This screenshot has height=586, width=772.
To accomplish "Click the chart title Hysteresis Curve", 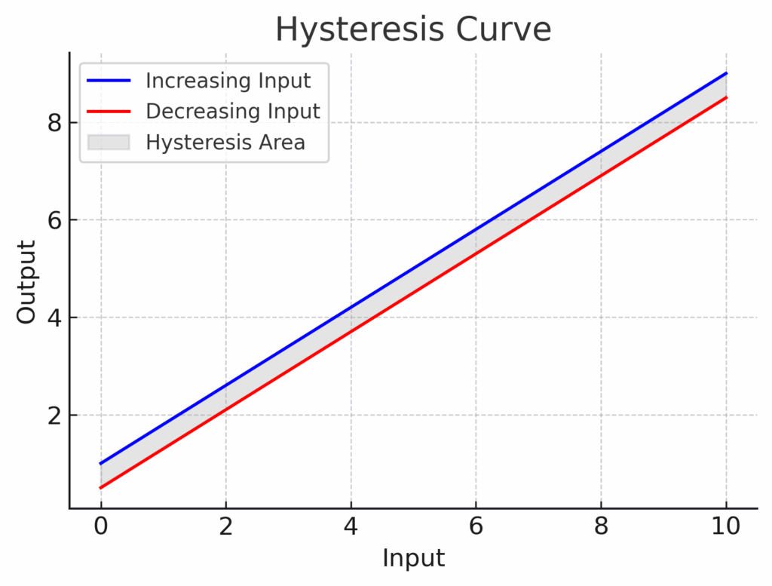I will [x=413, y=30].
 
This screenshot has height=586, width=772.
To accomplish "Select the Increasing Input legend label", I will [x=228, y=80].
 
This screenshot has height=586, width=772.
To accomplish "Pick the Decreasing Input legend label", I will [x=233, y=111].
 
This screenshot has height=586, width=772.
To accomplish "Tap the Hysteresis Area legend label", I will [x=225, y=142].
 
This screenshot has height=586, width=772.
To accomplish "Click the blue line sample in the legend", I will [x=109, y=80].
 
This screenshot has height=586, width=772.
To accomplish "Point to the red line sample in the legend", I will [x=109, y=111].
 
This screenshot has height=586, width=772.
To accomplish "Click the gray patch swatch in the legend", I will [x=109, y=142].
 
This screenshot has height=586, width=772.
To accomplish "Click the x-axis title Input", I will [x=413, y=559].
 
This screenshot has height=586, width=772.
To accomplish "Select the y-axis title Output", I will [x=27, y=282].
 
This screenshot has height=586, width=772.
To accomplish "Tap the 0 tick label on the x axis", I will [x=100, y=526].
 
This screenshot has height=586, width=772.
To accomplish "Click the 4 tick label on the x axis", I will [x=351, y=526].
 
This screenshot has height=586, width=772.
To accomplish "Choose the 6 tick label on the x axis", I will [x=476, y=526].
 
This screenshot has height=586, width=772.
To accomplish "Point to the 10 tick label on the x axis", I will [x=726, y=526].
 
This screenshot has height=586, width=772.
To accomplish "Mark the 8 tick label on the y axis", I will [x=53, y=122].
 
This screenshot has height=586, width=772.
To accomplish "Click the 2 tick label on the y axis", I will [x=53, y=415].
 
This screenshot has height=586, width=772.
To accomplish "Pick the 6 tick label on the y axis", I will [x=53, y=220].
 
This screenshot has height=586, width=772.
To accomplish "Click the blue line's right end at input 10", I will [x=726, y=73].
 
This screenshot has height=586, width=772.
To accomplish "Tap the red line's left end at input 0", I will [x=100, y=488].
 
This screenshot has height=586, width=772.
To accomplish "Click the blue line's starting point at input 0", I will [x=100, y=464].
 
